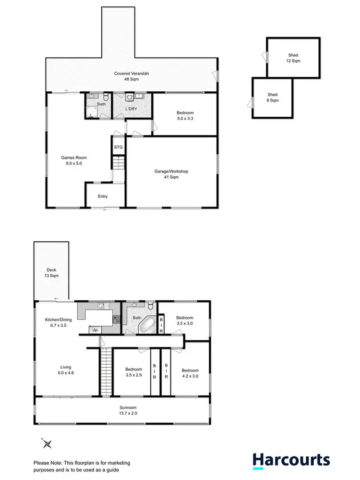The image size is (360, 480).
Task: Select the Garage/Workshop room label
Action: [x=171, y=174]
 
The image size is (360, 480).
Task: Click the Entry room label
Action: [x=103, y=196]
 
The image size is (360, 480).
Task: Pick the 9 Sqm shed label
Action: [x=272, y=98]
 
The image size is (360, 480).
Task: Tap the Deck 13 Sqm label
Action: [x=51, y=273]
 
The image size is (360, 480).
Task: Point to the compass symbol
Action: [x=47, y=443]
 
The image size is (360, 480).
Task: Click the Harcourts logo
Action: [x=291, y=461]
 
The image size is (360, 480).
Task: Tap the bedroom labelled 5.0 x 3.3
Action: [x=184, y=116]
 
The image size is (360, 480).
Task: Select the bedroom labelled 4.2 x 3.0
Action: [x=190, y=373]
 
